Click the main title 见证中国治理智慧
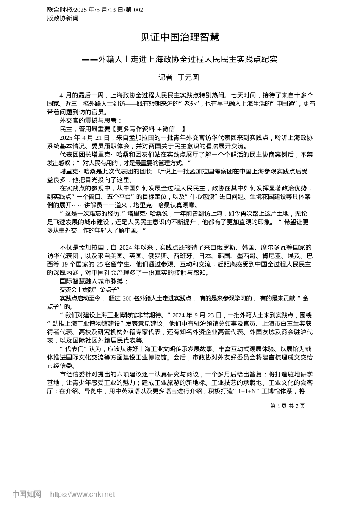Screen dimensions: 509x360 pyautogui.click(x=180, y=37)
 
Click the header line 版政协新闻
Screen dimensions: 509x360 pyautogui.click(x=63, y=18)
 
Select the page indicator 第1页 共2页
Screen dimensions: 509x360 pyautogui.click(x=287, y=406)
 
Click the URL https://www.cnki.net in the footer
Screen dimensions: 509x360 pyautogui.click(x=83, y=494)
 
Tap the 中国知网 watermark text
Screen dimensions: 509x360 pyautogui.click(x=27, y=494)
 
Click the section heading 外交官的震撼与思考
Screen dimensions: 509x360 pyautogui.click(x=91, y=121)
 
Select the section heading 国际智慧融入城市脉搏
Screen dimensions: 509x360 pyautogui.click(x=94, y=281)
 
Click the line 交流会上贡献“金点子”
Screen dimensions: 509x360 pyautogui.click(x=90, y=290)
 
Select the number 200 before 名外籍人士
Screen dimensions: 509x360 pyautogui.click(x=127, y=298)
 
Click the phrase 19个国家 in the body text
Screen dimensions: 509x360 pyautogui.click(x=81, y=265)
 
